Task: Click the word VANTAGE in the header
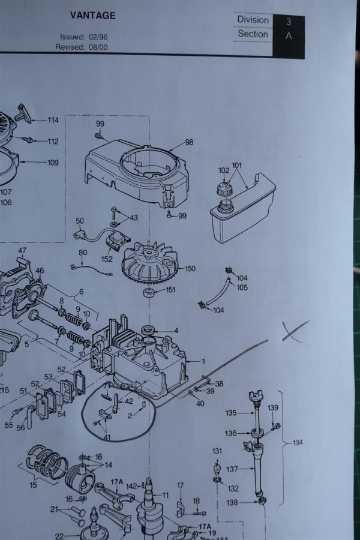pyautogui.click(x=93, y=16)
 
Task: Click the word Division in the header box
pyautogui.click(x=253, y=20)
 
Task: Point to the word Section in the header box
pyautogui.click(x=253, y=34)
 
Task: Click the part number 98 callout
pyautogui.click(x=189, y=142)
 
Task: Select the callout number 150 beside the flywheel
pyautogui.click(x=190, y=269)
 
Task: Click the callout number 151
pyautogui.click(x=171, y=290)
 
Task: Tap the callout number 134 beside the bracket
pyautogui.click(x=298, y=443)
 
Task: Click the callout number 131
pyautogui.click(x=217, y=451)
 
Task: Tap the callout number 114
pyautogui.click(x=53, y=120)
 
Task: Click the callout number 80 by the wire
pyautogui.click(x=83, y=253)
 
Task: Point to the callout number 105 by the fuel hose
pyautogui.click(x=242, y=287)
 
